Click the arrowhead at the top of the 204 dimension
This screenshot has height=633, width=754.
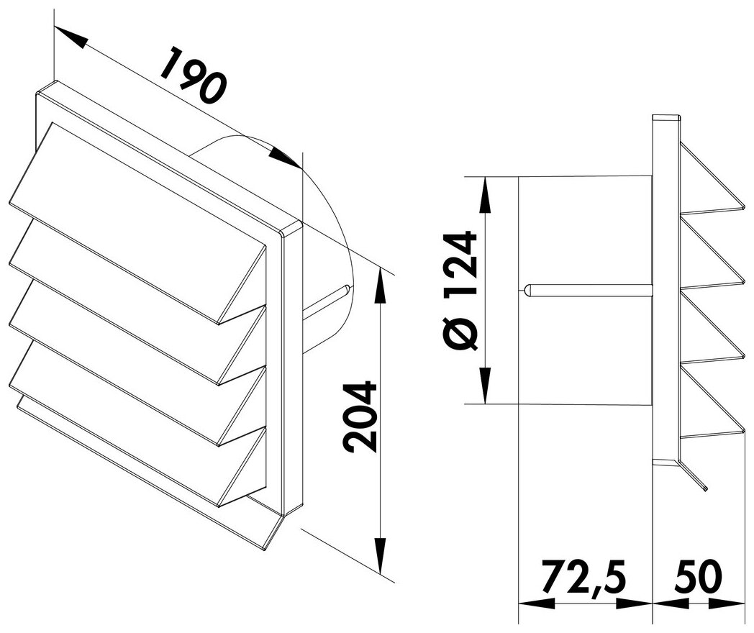[381, 286]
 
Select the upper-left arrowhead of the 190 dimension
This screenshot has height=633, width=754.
[71, 37]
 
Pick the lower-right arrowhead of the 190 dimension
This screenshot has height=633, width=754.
[286, 158]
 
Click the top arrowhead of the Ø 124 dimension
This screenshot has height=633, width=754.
[486, 195]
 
